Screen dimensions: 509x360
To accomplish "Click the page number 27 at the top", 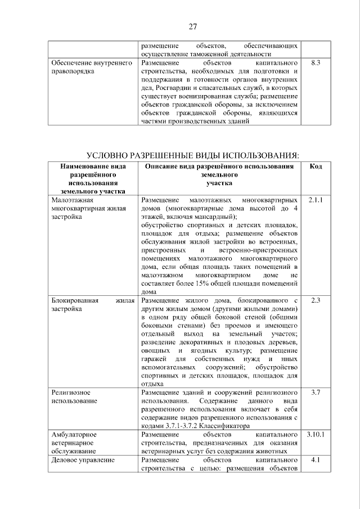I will point(192,26).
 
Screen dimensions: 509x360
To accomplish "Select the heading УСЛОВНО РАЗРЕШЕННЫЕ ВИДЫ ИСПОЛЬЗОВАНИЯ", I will point(192,155).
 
